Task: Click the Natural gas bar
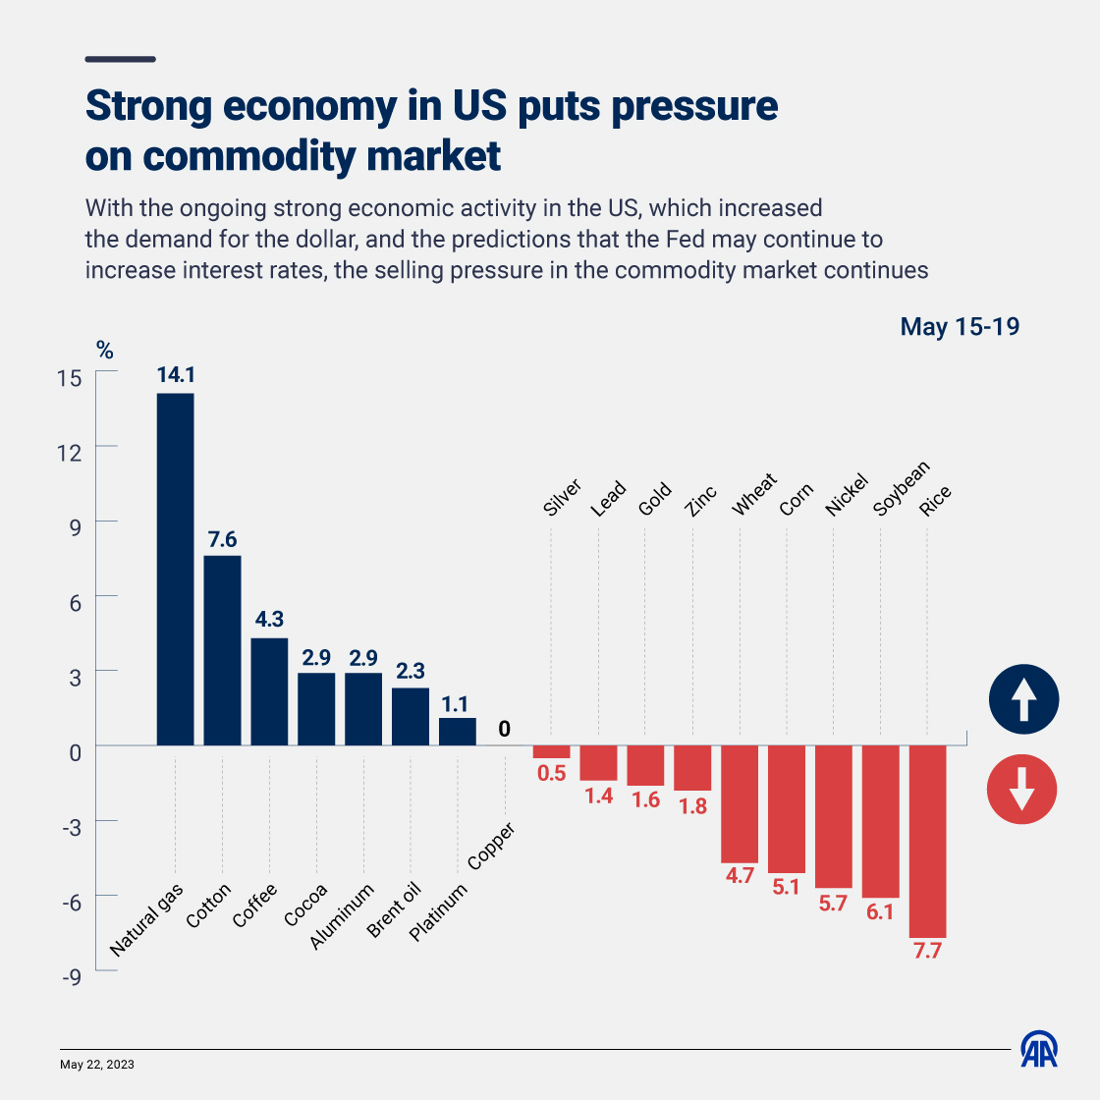pos(175,570)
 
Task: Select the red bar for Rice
pos(927,842)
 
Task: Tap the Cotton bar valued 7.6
pos(222,650)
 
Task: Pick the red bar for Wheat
pos(740,803)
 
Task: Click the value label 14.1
pos(176,375)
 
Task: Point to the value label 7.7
pos(927,951)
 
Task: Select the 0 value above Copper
pos(504,729)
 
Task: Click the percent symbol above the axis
pos(105,350)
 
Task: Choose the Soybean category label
pos(901,489)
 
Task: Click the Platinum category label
pos(438,912)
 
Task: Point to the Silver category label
pos(563,498)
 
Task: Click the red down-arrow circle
pos(1021,789)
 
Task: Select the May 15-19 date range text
pos(960,326)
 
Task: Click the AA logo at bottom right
pos(1039,1050)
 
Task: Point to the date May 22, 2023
pos(97,1065)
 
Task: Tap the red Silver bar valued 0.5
pos(551,751)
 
